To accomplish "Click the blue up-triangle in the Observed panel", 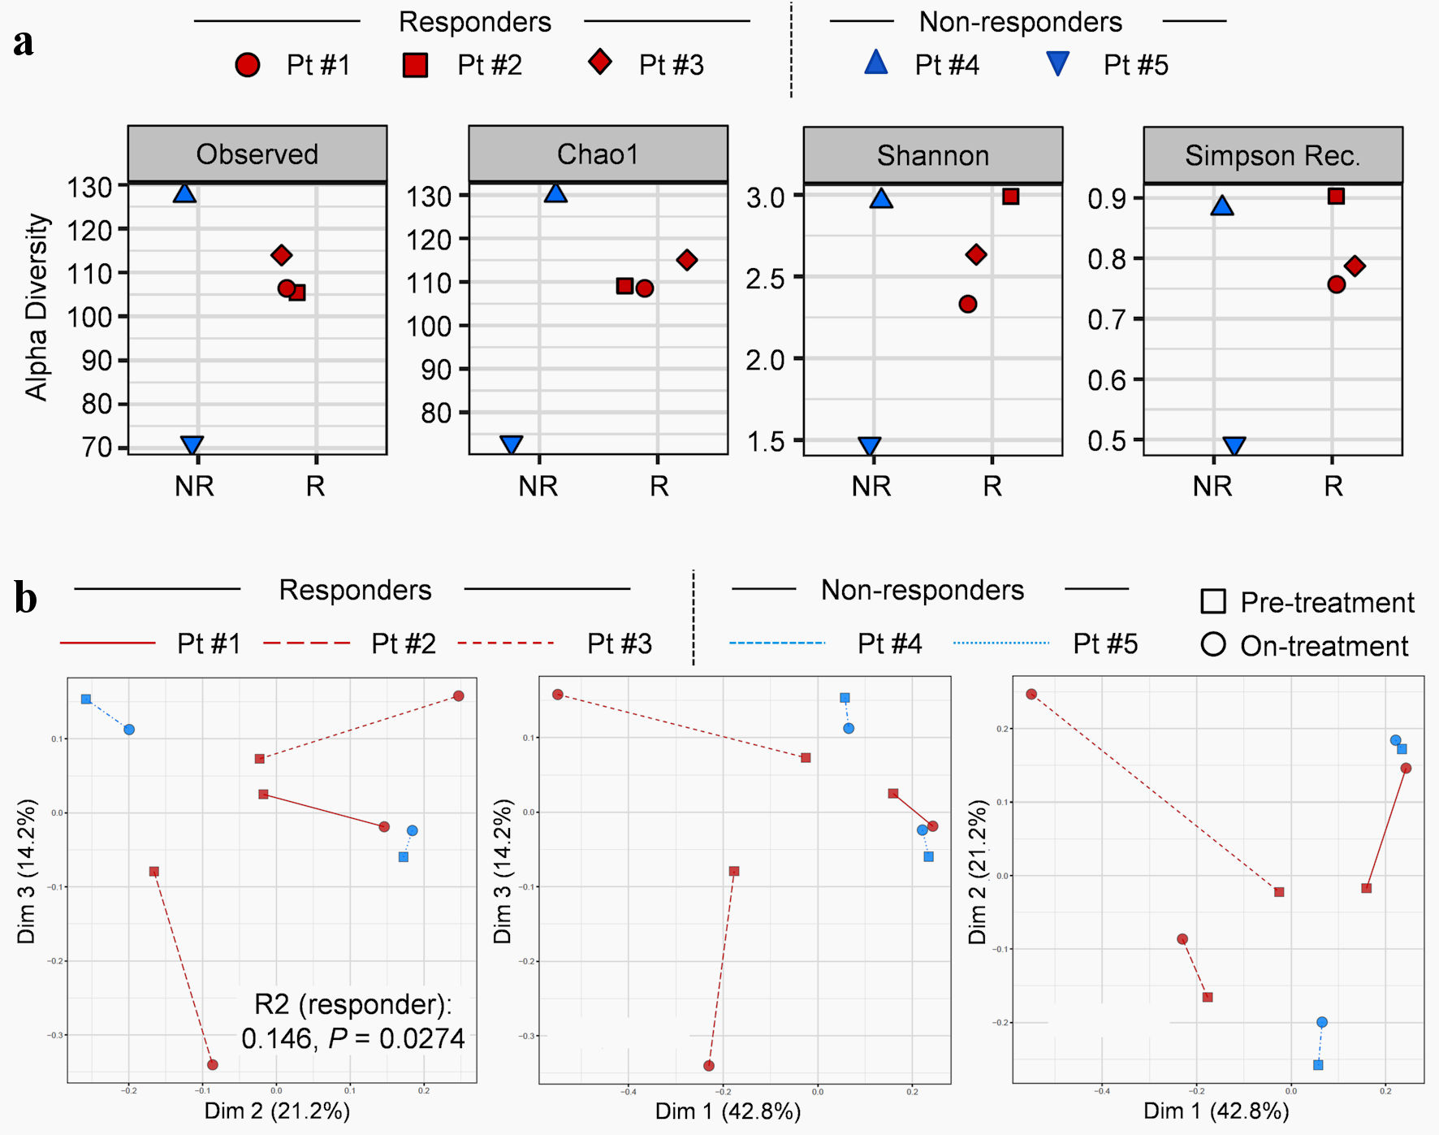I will pyautogui.click(x=185, y=193).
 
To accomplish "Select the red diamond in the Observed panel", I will pyautogui.click(x=281, y=255).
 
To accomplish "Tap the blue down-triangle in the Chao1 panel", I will pyautogui.click(x=512, y=444).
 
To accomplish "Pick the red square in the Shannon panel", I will pyautogui.click(x=1010, y=197).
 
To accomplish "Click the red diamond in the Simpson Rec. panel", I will pyautogui.click(x=1354, y=266).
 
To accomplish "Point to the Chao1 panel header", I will pyautogui.click(x=598, y=154).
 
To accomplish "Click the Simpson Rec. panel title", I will pyautogui.click(x=1273, y=155).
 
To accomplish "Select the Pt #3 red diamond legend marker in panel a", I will pyautogui.click(x=600, y=63).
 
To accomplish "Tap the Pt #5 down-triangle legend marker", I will pyautogui.click(x=1057, y=63).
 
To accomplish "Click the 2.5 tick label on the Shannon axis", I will pyautogui.click(x=766, y=279).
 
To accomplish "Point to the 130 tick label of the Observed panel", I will pyautogui.click(x=89, y=188).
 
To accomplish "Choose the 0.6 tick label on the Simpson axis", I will pyautogui.click(x=1108, y=380).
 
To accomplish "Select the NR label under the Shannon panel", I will pyautogui.click(x=871, y=486).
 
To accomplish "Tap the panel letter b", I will pyautogui.click(x=25, y=599).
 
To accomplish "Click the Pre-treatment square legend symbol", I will pyautogui.click(x=1213, y=602).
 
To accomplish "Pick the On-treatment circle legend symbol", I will pyautogui.click(x=1213, y=645).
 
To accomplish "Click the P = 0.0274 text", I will pyautogui.click(x=396, y=1038).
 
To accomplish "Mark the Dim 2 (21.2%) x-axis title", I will pyautogui.click(x=277, y=1111).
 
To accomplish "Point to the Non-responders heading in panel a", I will pyautogui.click(x=1020, y=22).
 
